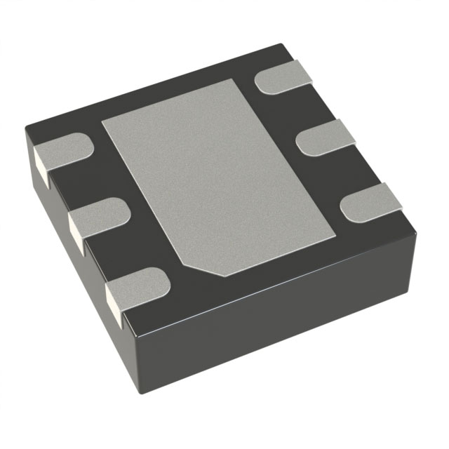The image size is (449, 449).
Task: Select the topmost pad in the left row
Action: point(63,151)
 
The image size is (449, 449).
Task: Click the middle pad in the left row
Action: point(98,218)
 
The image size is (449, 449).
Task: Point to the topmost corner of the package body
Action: point(281,46)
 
